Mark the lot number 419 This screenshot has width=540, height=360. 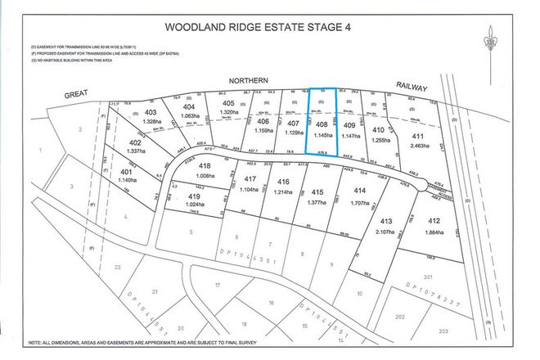(192, 196)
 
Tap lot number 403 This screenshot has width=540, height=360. (150, 112)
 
